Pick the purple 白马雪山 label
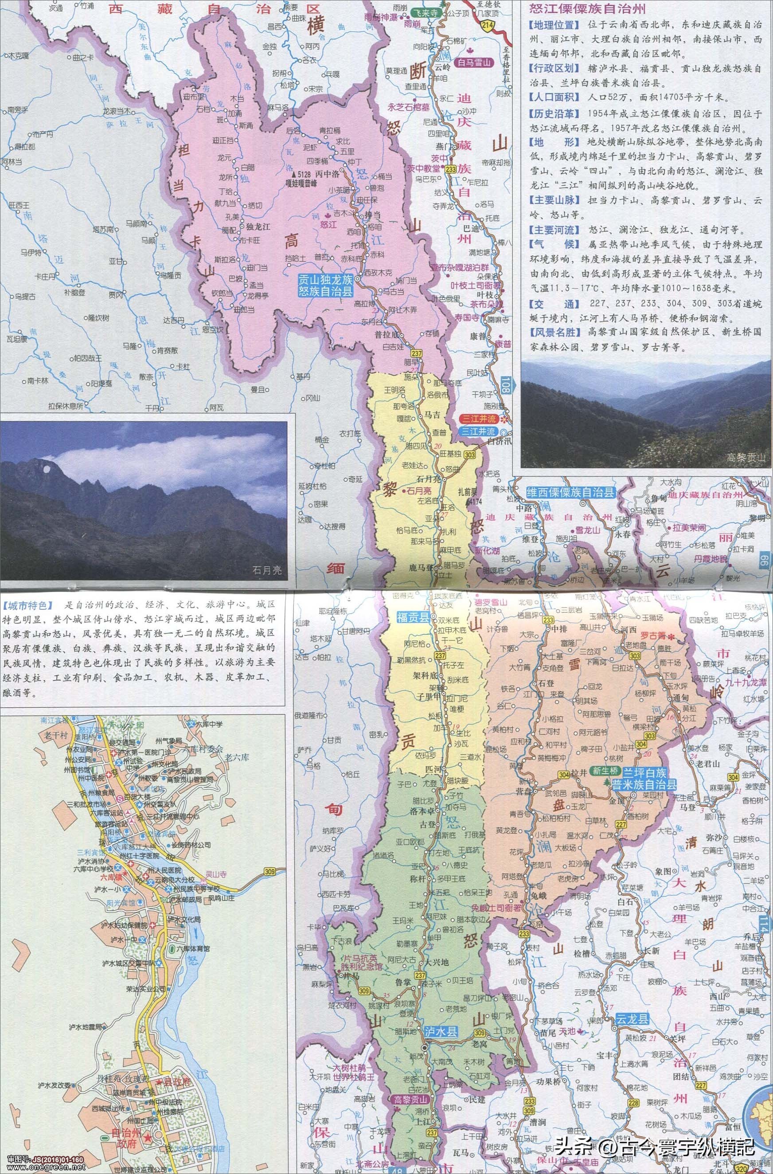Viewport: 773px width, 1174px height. [x=475, y=62]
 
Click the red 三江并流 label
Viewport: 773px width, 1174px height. [x=476, y=418]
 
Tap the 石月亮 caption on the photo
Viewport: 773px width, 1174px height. [x=267, y=571]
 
